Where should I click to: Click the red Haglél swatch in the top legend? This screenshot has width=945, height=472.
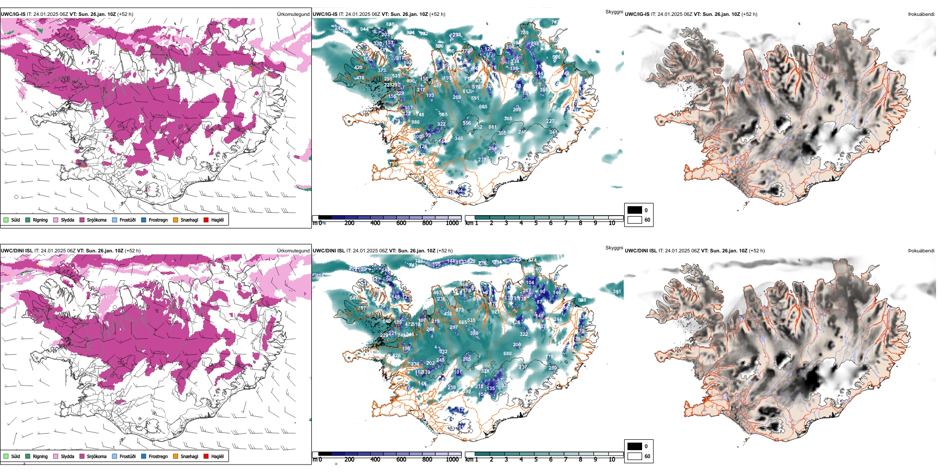click(x=206, y=220)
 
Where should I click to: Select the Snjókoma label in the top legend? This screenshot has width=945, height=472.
click(x=96, y=220)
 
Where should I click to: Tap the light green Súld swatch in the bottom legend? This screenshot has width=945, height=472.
click(x=6, y=456)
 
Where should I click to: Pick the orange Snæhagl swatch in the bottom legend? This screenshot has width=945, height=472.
click(x=176, y=456)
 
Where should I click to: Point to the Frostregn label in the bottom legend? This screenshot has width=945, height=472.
click(x=158, y=457)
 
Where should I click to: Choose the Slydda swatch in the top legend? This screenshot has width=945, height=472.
click(x=56, y=220)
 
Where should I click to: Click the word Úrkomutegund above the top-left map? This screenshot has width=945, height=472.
click(x=293, y=14)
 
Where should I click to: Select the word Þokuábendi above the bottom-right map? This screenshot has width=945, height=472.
click(x=921, y=251)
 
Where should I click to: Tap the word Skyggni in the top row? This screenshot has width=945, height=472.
click(x=614, y=11)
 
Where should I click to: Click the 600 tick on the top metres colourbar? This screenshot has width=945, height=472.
click(x=401, y=223)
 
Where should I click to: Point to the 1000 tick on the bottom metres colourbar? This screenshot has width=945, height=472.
click(x=452, y=460)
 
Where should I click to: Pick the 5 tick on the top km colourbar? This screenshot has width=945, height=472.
click(x=536, y=223)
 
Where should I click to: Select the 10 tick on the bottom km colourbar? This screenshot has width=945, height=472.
click(x=612, y=460)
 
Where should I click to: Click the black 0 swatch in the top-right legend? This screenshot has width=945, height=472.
click(x=635, y=210)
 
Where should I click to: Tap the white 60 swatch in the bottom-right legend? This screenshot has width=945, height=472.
click(x=635, y=456)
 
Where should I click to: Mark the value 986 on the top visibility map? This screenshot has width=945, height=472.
click(x=415, y=122)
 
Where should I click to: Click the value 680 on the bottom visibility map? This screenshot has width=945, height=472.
click(x=507, y=354)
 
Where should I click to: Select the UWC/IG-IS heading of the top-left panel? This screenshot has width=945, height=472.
click(x=13, y=14)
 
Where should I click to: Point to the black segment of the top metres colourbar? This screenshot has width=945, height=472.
click(x=325, y=218)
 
